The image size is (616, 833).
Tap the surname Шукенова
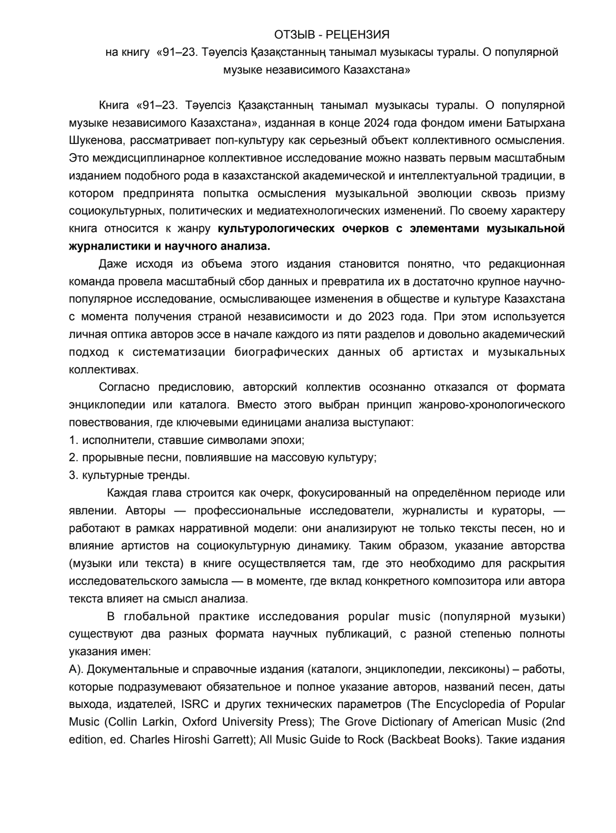[95, 140]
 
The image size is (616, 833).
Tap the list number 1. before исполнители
[74, 440]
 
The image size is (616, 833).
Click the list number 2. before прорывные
[74, 458]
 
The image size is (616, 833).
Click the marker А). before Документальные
[76, 670]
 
